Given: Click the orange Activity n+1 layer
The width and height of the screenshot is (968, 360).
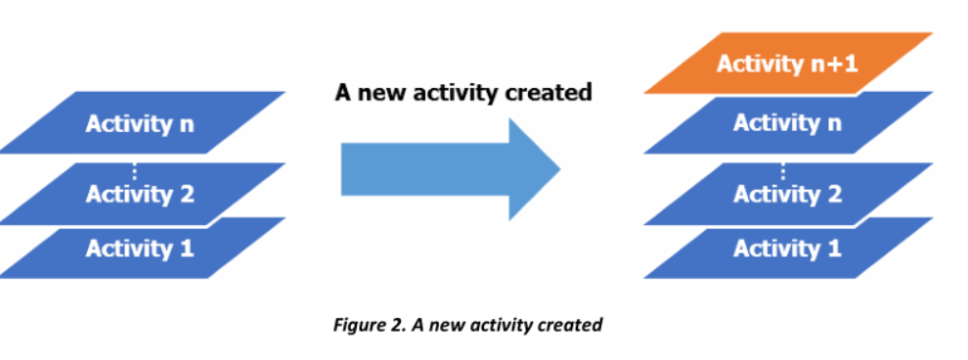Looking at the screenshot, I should (788, 64).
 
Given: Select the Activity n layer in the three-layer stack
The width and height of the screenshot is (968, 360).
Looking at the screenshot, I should (140, 123).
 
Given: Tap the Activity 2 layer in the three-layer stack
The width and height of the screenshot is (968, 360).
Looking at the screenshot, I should (140, 193).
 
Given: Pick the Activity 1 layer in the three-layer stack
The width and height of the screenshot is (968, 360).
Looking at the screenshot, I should (140, 247).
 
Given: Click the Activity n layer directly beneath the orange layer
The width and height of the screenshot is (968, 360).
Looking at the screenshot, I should (788, 123).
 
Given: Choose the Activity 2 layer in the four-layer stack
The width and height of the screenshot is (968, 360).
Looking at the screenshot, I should (788, 193).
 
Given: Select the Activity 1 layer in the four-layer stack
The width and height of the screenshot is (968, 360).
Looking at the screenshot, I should (788, 247).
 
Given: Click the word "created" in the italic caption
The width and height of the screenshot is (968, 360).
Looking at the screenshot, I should (568, 325).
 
